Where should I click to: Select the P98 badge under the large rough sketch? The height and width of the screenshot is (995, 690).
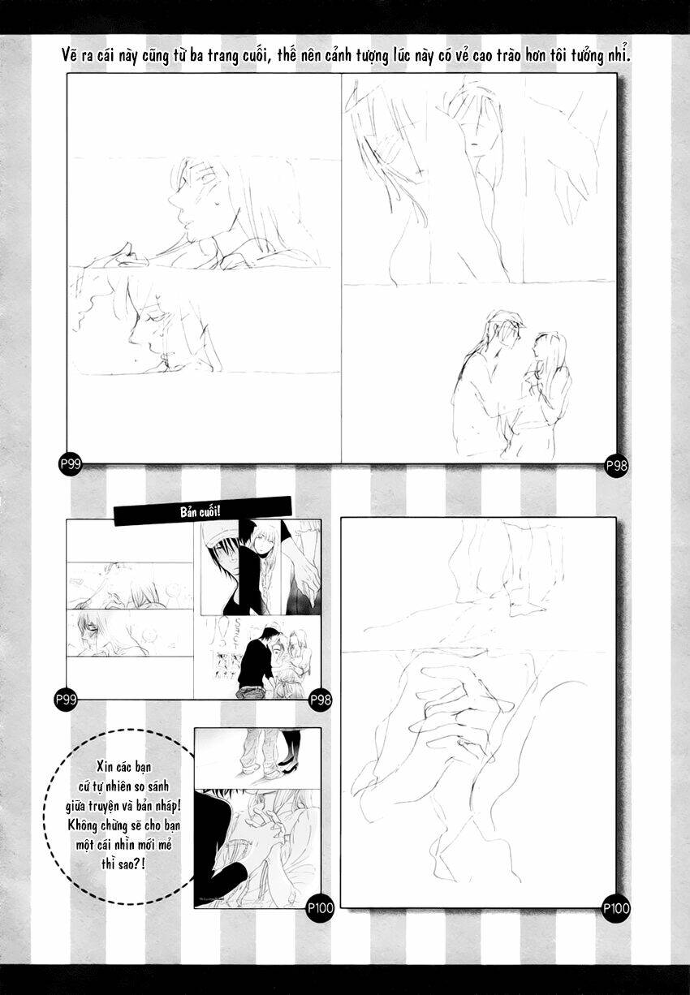(x=616, y=465)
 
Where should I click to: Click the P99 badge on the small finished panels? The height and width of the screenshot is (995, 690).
(x=65, y=698)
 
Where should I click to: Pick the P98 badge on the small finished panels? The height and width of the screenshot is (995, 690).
(x=321, y=699)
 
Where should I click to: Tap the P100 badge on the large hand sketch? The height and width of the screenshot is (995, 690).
(x=616, y=908)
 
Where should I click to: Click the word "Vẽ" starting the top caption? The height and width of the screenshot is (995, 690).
(x=71, y=56)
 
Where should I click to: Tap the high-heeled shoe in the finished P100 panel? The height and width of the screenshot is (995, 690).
(x=287, y=765)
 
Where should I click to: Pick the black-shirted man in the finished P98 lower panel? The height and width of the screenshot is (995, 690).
(x=257, y=661)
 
